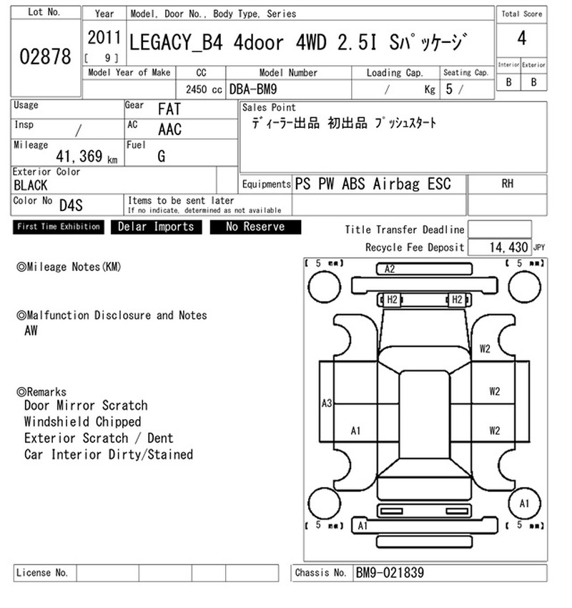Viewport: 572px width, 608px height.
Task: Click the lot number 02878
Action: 45,57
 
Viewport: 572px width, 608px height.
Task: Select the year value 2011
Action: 104,38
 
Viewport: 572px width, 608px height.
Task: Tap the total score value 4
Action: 522,39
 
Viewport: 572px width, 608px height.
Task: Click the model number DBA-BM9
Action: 253,89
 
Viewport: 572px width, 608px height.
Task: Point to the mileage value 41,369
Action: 79,156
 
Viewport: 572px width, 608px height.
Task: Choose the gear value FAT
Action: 169,109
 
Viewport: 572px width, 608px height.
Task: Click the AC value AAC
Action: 169,129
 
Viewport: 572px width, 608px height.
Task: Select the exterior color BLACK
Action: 31,185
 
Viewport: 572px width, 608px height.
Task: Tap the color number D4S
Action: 71,205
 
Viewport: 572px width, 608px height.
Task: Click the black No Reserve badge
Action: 255,227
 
